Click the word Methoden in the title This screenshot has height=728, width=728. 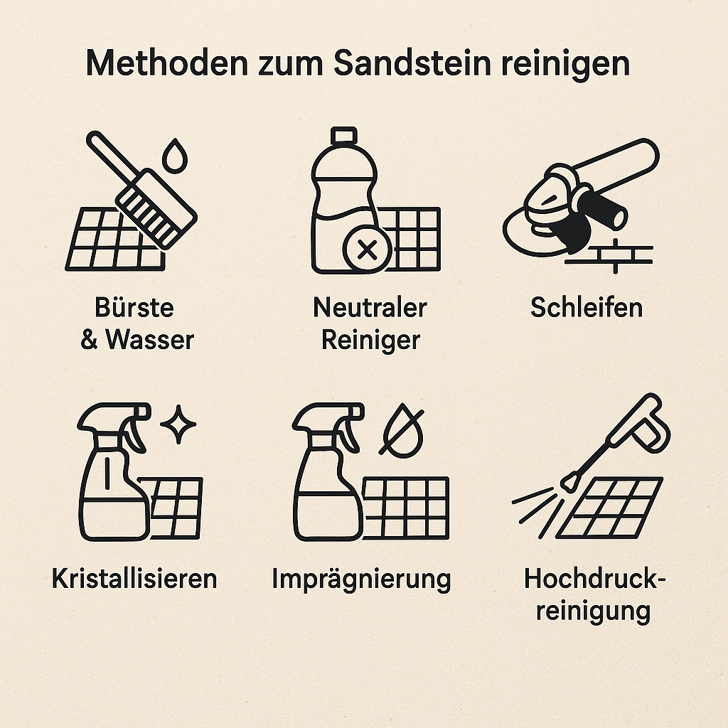click(167, 63)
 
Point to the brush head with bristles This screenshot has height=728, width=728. click(156, 209)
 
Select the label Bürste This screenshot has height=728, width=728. click(134, 307)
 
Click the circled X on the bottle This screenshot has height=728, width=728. click(368, 250)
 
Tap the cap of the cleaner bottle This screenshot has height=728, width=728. click(344, 135)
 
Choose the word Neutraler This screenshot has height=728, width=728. click(370, 307)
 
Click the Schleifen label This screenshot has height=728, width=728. click(587, 307)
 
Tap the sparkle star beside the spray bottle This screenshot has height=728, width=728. click(178, 424)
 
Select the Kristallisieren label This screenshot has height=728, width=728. click(134, 579)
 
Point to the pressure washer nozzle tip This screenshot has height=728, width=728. click(569, 482)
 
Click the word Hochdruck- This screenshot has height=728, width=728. click(595, 579)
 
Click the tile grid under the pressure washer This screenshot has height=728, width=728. click(609, 507)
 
